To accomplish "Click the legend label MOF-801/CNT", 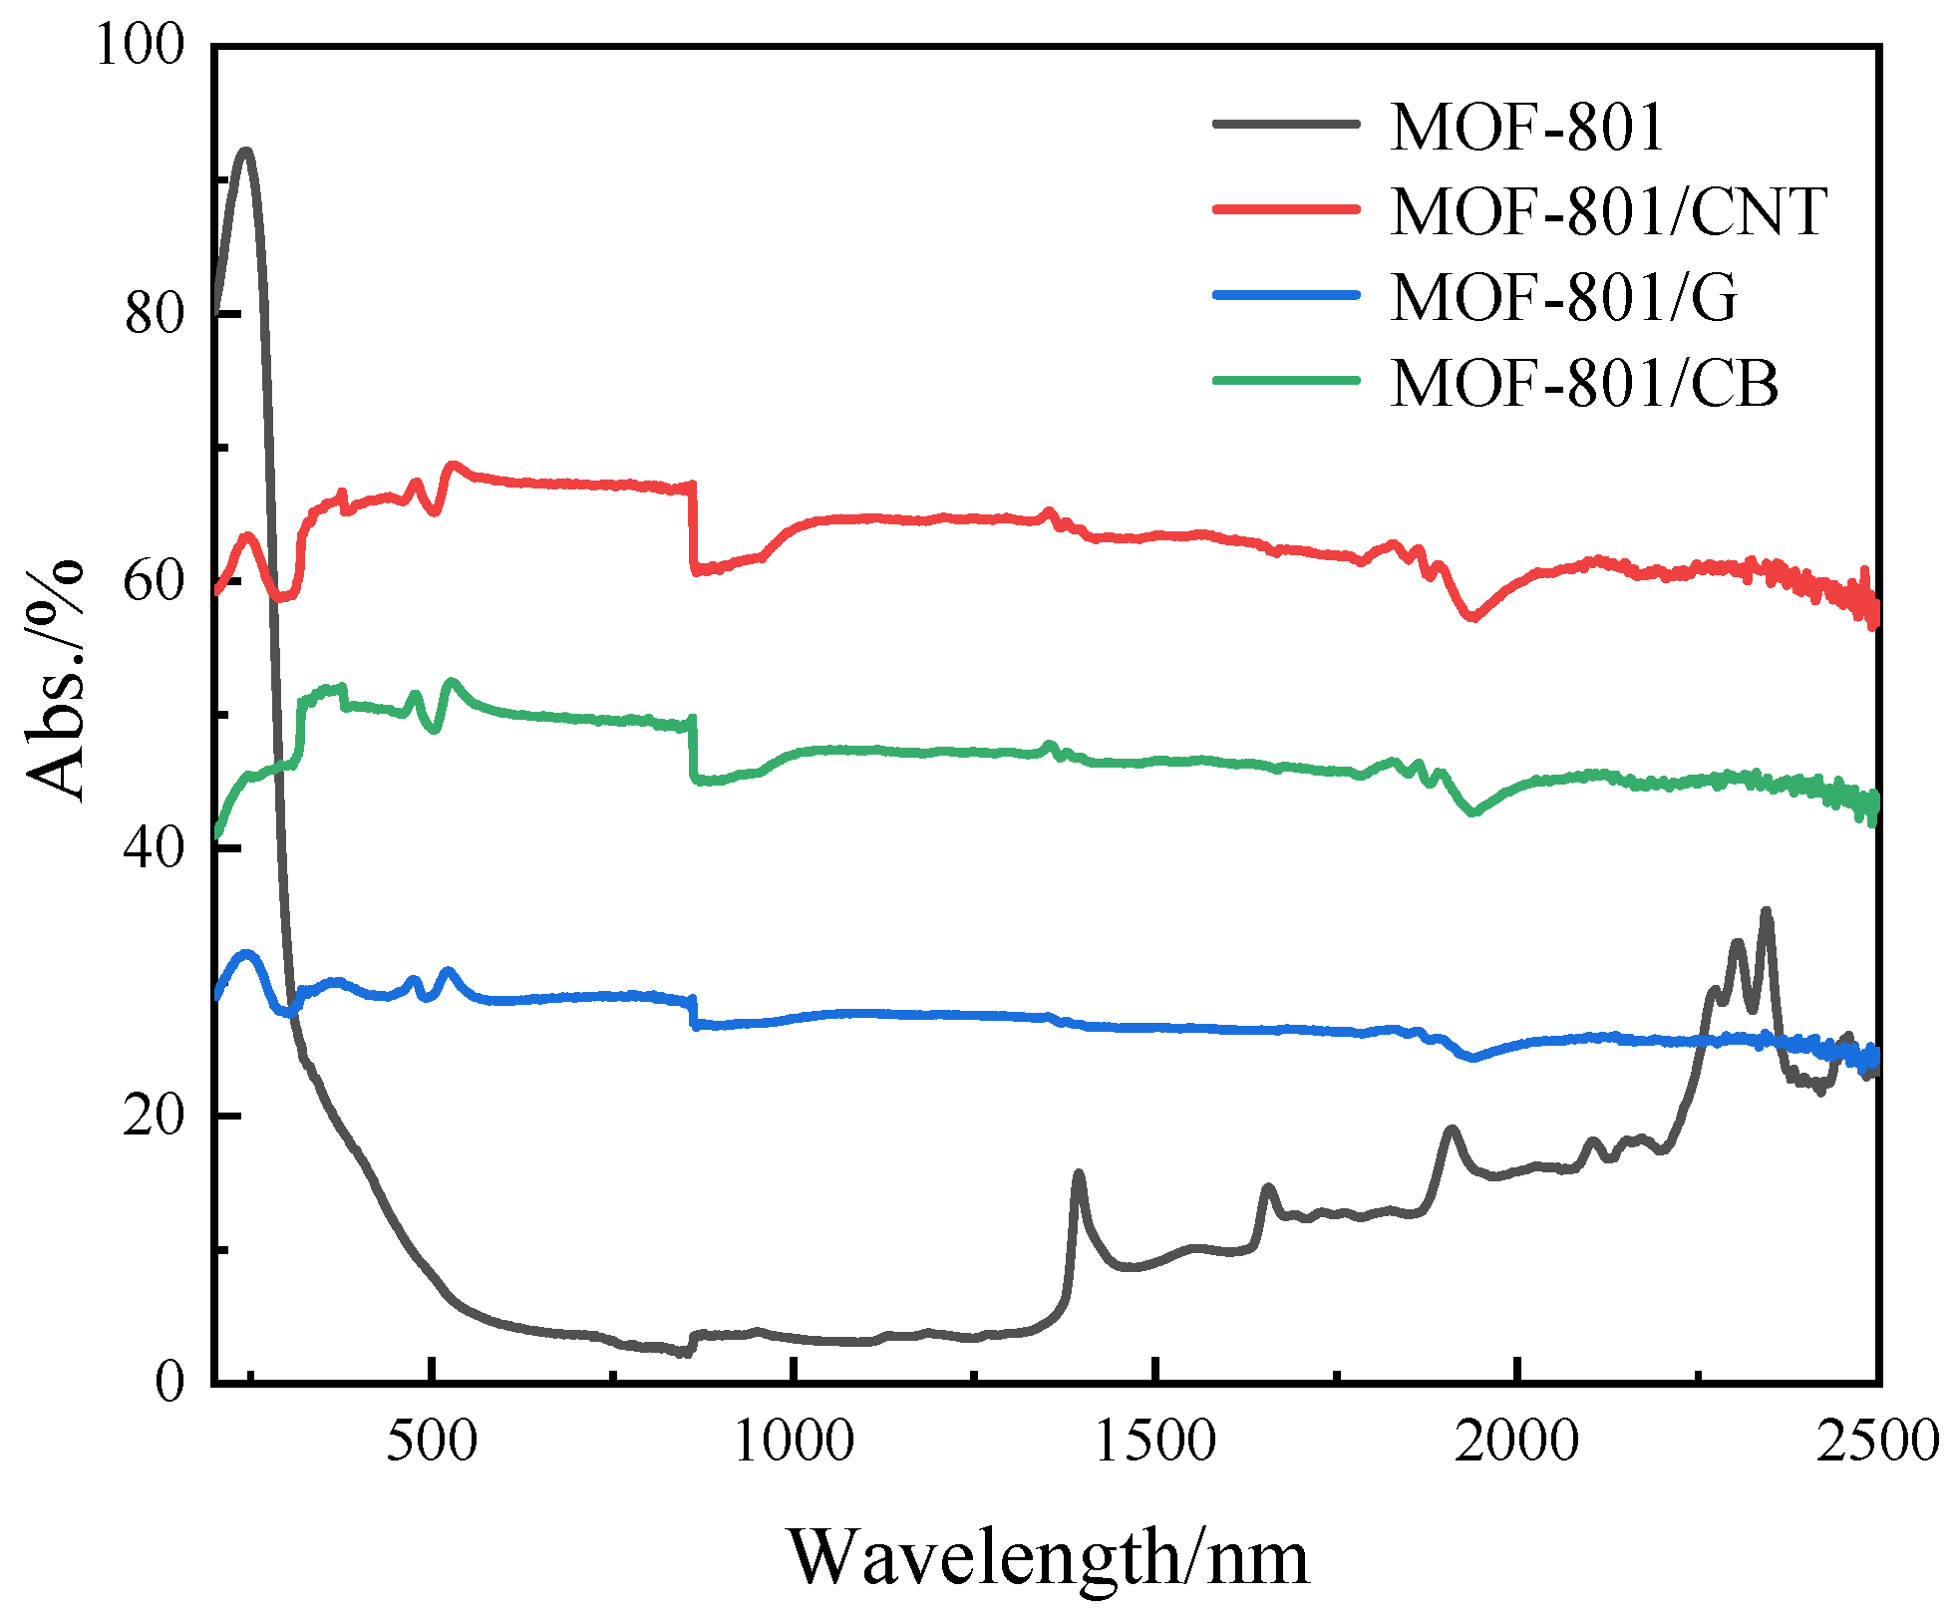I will tap(1607, 211).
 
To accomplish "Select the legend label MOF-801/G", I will tap(1563, 297).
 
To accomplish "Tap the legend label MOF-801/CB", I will tap(1583, 383).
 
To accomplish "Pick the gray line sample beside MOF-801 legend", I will tap(1286, 124).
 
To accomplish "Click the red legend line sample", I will tap(1286, 209).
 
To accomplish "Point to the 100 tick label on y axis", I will tap(140, 46).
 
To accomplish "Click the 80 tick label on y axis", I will tap(155, 314).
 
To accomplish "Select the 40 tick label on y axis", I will tap(155, 848).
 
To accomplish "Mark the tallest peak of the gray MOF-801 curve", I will tap(245, 152).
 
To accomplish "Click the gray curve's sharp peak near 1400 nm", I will tap(1078, 1174).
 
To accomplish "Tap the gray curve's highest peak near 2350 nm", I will tap(1766, 910).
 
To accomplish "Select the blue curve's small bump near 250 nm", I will tap(245, 954).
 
